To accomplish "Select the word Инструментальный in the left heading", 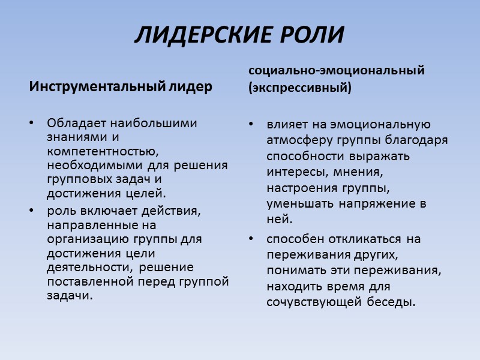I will [96, 87].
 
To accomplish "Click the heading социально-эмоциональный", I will [337, 70].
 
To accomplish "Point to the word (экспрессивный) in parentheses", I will [300, 88].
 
